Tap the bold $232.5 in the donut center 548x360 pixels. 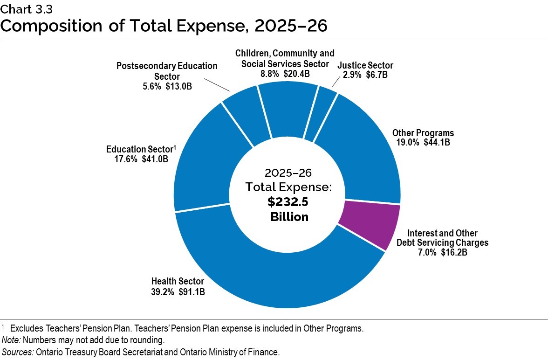[288, 202]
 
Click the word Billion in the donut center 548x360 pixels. [289, 217]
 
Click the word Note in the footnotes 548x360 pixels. [10, 340]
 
